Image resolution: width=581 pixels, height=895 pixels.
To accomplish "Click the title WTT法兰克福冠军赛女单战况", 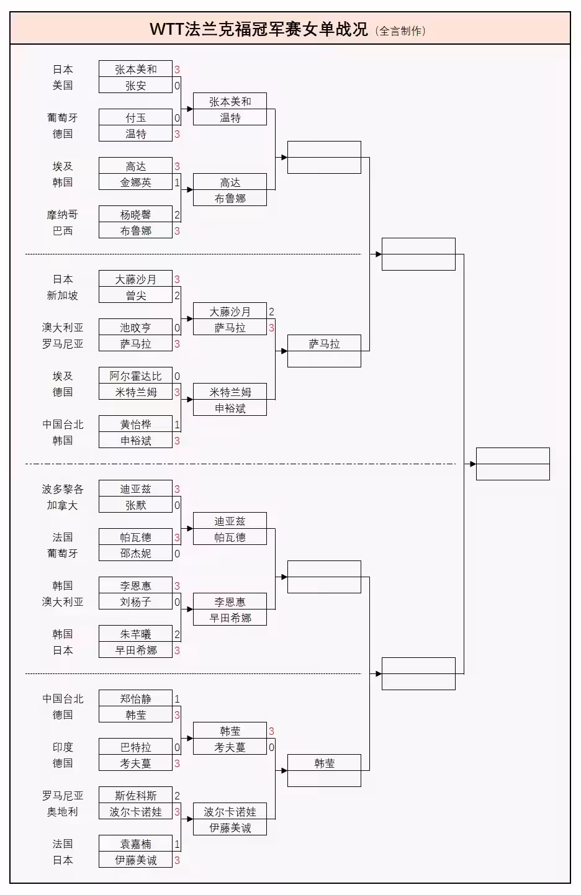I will tap(259, 29).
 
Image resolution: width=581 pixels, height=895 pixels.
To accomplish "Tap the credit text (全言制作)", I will tap(401, 30).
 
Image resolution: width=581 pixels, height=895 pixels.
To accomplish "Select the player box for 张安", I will tap(135, 86).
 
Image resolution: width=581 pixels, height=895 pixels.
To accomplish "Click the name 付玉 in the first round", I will tap(135, 118).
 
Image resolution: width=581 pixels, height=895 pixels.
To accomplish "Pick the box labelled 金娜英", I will tap(135, 182).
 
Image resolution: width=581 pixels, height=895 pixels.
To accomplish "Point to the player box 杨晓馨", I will tap(135, 215).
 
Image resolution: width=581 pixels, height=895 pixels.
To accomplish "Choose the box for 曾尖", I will tap(135, 295).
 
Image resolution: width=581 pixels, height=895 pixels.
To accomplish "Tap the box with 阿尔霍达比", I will tap(135, 376).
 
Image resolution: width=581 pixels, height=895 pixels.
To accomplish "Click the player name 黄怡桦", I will tap(135, 425).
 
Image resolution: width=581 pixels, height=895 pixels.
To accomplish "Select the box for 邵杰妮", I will tap(135, 554).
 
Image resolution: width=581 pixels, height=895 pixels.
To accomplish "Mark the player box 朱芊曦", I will tap(135, 634).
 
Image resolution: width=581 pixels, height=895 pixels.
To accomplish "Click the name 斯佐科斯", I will tap(135, 796).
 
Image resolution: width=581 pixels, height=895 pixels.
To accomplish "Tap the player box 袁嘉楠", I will tap(135, 844).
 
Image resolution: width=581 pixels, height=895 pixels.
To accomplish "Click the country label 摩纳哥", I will tap(63, 215).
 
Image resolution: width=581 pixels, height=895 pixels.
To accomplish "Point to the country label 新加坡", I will tap(63, 295).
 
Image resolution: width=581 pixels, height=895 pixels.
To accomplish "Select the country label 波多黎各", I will tap(63, 489).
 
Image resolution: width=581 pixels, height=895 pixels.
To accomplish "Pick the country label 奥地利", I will tap(63, 812).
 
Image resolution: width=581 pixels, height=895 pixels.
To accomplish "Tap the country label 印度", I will tap(63, 747).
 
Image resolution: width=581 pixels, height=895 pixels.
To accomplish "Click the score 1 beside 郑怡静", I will tap(177, 699).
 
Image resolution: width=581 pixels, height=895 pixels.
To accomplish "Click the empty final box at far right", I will tap(513, 464).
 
